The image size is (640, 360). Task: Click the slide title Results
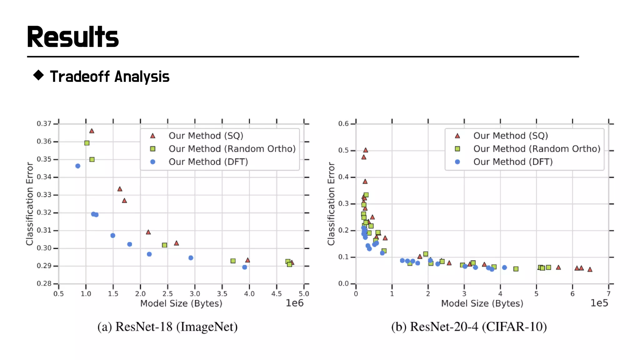72,37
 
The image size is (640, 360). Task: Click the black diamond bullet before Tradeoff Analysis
38,75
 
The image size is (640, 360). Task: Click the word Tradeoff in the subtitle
80,77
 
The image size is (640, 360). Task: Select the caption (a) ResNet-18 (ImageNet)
167,327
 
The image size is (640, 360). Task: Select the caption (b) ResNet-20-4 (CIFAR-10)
469,327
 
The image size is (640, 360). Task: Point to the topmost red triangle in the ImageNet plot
92,131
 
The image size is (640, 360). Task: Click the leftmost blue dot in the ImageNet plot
78,166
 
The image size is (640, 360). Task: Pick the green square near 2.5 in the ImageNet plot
164,245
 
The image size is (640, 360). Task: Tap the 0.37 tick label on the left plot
44,124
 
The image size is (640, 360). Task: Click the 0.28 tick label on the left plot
44,284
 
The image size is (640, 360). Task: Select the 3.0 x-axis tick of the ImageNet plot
195,294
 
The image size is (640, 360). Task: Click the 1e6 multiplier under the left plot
294,303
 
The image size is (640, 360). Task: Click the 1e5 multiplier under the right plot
599,303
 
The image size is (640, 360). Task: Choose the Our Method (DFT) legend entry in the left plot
208,162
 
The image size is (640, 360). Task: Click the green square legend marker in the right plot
457,149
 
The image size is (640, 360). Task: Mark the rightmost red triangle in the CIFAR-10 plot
590,269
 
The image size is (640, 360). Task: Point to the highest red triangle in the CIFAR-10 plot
365,150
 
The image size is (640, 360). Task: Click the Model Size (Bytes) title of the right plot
482,303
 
